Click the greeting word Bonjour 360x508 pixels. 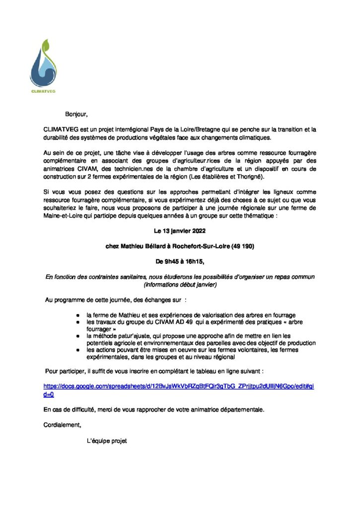[76, 115]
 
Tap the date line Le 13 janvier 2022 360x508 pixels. [179, 231]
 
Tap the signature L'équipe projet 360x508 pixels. [107, 440]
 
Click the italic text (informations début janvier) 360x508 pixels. [179, 285]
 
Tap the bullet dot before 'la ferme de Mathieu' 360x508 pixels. [78, 316]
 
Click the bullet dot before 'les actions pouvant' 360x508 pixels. [78, 350]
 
